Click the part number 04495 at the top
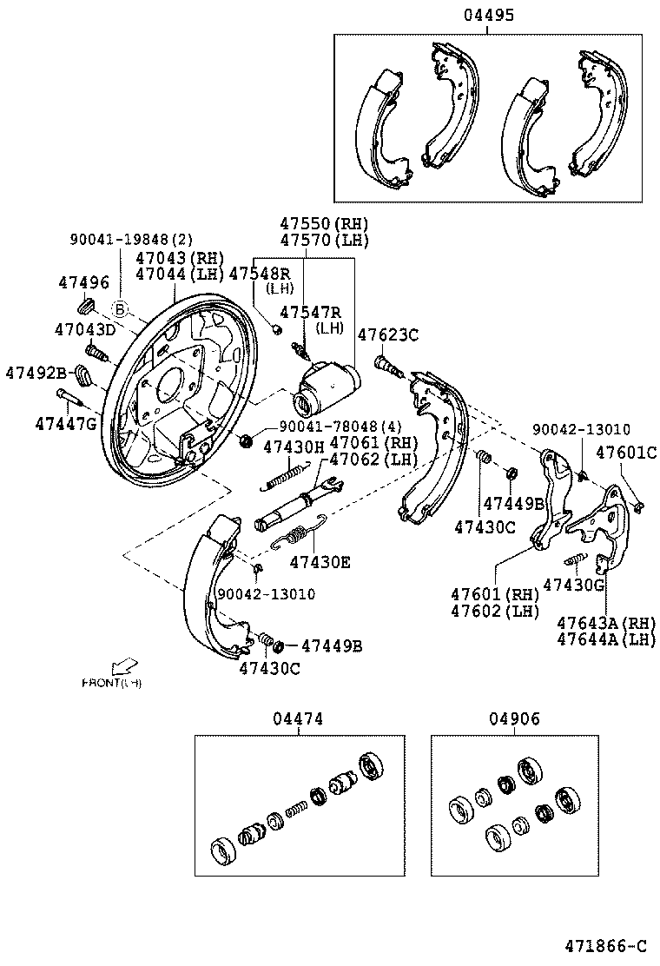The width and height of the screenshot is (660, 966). pos(487,15)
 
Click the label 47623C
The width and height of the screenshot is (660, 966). pos(388,334)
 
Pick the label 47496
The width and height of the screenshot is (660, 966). pos(83,281)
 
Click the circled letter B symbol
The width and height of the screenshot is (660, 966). pos(120,307)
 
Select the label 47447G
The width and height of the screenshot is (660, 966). pos(66,424)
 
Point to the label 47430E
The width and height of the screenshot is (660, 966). pos(320,562)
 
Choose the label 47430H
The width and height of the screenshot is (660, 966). pos(293,447)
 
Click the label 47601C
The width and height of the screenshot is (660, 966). pos(625,452)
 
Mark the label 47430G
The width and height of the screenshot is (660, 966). pos(573,585)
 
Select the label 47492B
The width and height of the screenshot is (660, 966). pos(36,372)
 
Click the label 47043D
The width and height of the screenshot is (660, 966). pos(84,329)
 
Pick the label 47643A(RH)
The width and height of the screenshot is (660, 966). pos(606,623)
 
